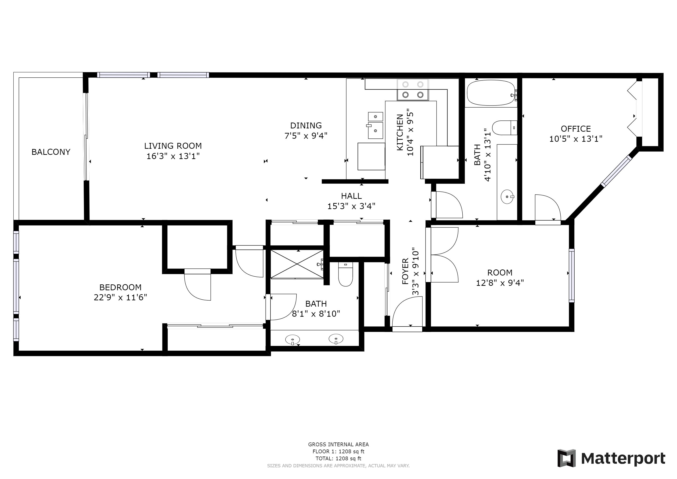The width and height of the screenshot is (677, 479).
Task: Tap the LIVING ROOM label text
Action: (x=173, y=146)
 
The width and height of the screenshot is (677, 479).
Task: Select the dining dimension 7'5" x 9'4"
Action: (x=306, y=136)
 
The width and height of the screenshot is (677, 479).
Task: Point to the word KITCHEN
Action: (x=400, y=132)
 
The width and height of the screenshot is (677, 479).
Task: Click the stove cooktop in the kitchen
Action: (x=413, y=90)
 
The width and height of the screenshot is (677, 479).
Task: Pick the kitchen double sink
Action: (x=375, y=125)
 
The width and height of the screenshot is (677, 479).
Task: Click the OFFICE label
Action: (x=576, y=129)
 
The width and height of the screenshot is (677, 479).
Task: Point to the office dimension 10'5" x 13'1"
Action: (x=576, y=139)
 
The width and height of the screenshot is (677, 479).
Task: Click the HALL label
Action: (x=351, y=196)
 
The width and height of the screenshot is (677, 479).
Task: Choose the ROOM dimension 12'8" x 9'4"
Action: (x=500, y=283)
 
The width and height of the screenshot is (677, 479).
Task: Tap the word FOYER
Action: (x=405, y=271)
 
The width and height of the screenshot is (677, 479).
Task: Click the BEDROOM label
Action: (x=120, y=287)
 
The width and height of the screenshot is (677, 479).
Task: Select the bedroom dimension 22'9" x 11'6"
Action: (x=120, y=297)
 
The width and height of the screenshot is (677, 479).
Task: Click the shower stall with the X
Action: (x=297, y=264)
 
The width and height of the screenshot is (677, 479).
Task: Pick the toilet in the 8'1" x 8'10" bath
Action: (x=346, y=274)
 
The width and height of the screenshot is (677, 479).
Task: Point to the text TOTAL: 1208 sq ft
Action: (x=338, y=459)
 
